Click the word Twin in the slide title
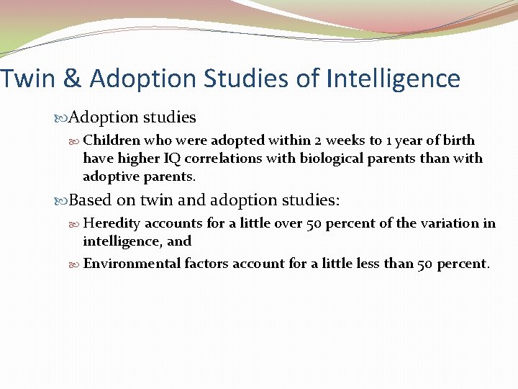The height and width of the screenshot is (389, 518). [x=28, y=79]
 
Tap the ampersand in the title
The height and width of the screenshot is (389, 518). [x=73, y=79]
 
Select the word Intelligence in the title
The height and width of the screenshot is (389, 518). [x=393, y=79]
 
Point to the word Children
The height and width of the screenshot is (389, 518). [x=112, y=140]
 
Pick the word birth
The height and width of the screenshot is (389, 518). [x=459, y=140]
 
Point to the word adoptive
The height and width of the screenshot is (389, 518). [x=109, y=176]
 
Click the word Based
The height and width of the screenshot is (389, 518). [x=91, y=200]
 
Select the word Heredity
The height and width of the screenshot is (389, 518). [x=112, y=223]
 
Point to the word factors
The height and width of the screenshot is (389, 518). [x=208, y=263]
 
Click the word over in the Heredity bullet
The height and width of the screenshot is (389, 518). [x=288, y=223]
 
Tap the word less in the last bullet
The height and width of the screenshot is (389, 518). [x=365, y=263]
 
